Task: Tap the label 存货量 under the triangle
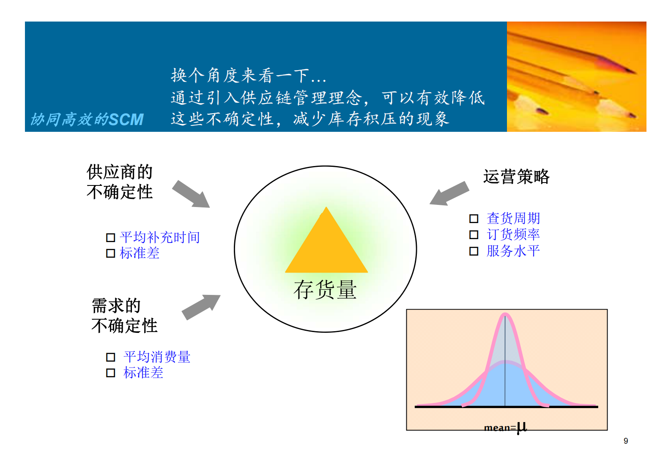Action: point(325,290)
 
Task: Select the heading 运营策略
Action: point(516,177)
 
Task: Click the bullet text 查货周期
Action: point(513,218)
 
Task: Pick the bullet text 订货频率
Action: point(513,234)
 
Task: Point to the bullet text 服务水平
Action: point(513,251)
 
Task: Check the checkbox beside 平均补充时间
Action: point(110,237)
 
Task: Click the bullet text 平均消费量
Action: point(157,357)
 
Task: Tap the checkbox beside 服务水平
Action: point(474,251)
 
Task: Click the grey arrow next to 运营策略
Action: point(449,194)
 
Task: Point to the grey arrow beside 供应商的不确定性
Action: point(191,194)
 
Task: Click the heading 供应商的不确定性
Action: point(120,182)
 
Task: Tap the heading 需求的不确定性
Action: point(124,316)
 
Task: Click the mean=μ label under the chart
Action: point(505,427)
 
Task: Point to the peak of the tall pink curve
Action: point(505,314)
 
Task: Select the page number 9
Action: point(625,441)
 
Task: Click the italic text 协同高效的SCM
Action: point(87,120)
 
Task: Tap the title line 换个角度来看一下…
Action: point(248,76)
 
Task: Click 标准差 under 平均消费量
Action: point(143,373)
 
